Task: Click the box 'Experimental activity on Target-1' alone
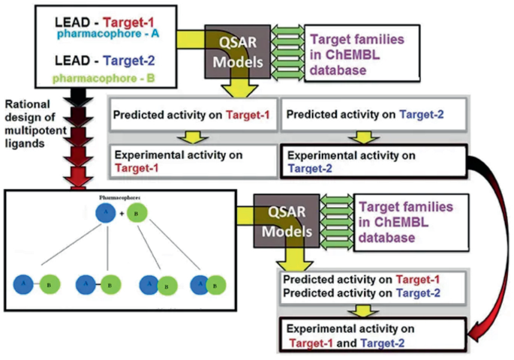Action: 191,160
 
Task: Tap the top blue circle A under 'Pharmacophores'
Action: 106,214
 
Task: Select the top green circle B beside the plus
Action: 137,214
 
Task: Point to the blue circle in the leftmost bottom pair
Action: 23,285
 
